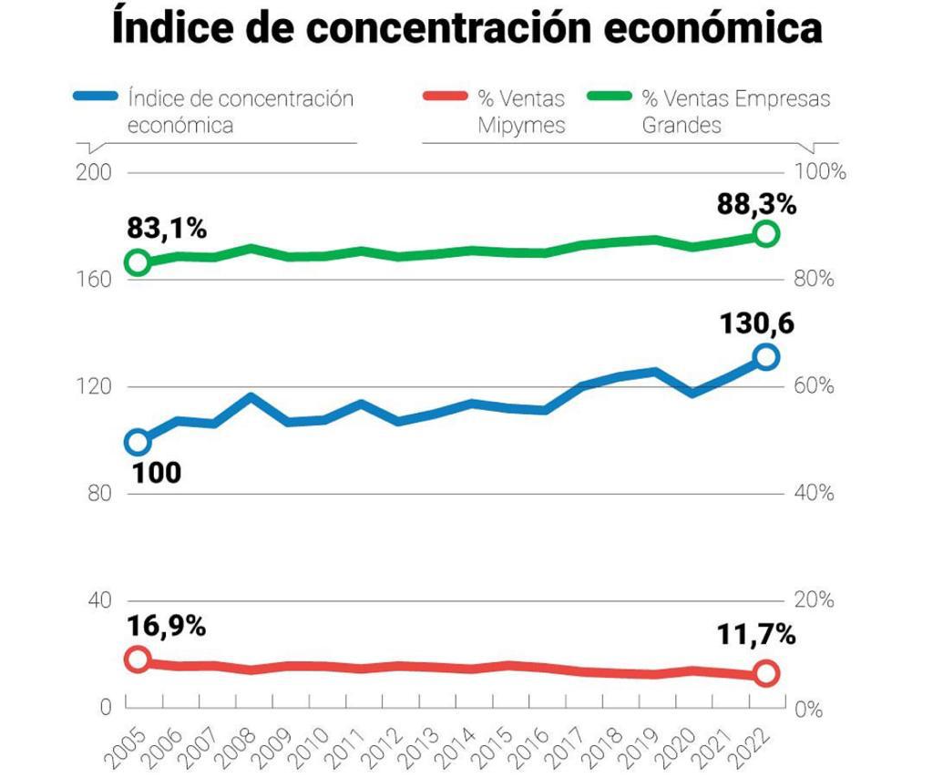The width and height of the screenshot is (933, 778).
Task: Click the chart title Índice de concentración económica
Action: (466, 28)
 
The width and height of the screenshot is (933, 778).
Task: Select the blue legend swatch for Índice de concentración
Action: (95, 97)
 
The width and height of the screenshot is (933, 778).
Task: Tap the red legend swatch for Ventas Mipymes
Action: (446, 97)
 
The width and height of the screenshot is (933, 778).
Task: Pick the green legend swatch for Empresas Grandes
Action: (610, 97)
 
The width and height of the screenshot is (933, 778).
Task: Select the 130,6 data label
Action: (758, 323)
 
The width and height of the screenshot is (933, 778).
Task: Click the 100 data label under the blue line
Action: (156, 473)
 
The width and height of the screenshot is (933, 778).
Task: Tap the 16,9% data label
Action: (166, 627)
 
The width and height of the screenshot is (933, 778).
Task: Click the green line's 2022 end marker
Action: (766, 234)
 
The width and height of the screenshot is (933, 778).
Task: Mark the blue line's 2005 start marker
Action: (138, 443)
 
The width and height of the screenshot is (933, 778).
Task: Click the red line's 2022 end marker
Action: (766, 673)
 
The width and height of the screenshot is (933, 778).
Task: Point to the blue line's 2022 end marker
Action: (766, 357)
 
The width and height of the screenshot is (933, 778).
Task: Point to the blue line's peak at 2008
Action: (251, 398)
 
